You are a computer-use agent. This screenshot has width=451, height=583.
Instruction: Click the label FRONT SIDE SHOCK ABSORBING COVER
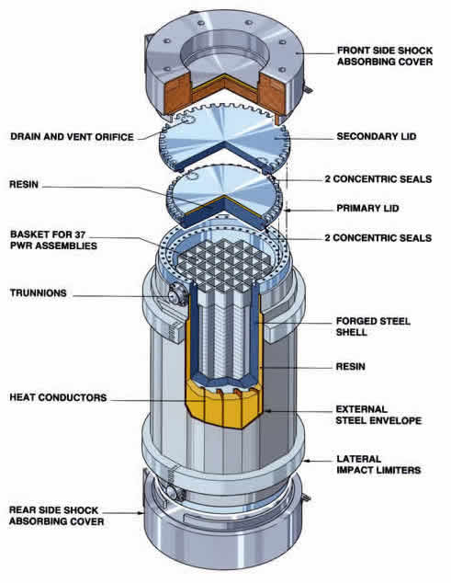pos(385,56)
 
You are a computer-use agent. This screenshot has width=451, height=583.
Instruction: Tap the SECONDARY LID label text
pos(377,136)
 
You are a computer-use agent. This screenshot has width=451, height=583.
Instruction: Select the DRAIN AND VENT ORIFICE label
pos(72,137)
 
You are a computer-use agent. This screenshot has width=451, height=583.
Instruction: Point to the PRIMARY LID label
pos(367,208)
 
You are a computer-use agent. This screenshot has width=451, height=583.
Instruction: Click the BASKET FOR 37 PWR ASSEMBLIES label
pos(53,240)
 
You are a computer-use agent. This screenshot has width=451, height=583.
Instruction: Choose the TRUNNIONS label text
pos(39,293)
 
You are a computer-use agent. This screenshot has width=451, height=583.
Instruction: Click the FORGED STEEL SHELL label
pos(373,326)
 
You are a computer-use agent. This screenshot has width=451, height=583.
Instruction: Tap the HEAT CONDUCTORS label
pos(58,397)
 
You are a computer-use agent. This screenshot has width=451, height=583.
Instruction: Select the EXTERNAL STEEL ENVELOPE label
pos(378,415)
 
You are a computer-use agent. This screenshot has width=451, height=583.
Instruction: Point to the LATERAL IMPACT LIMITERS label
pos(378,464)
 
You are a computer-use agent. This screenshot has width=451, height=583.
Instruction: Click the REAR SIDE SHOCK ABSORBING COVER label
pos(56,516)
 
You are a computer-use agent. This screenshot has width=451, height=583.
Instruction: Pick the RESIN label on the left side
pos(24,185)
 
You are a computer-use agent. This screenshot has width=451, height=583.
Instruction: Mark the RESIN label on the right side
pos(350,367)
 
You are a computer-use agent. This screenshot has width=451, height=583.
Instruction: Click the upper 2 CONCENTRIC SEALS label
pos(378,179)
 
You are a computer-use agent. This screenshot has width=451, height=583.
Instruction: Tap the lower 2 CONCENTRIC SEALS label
pos(378,238)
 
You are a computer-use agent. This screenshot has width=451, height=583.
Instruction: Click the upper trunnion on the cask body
pos(175,295)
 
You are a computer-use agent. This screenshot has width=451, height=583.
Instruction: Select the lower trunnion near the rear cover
pos(173,492)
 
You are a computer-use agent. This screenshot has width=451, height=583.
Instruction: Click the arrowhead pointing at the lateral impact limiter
pos(307,461)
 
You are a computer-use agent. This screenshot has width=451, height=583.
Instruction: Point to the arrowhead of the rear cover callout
pos(141,513)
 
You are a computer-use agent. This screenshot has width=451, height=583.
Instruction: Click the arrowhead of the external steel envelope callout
pos(268,411)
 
